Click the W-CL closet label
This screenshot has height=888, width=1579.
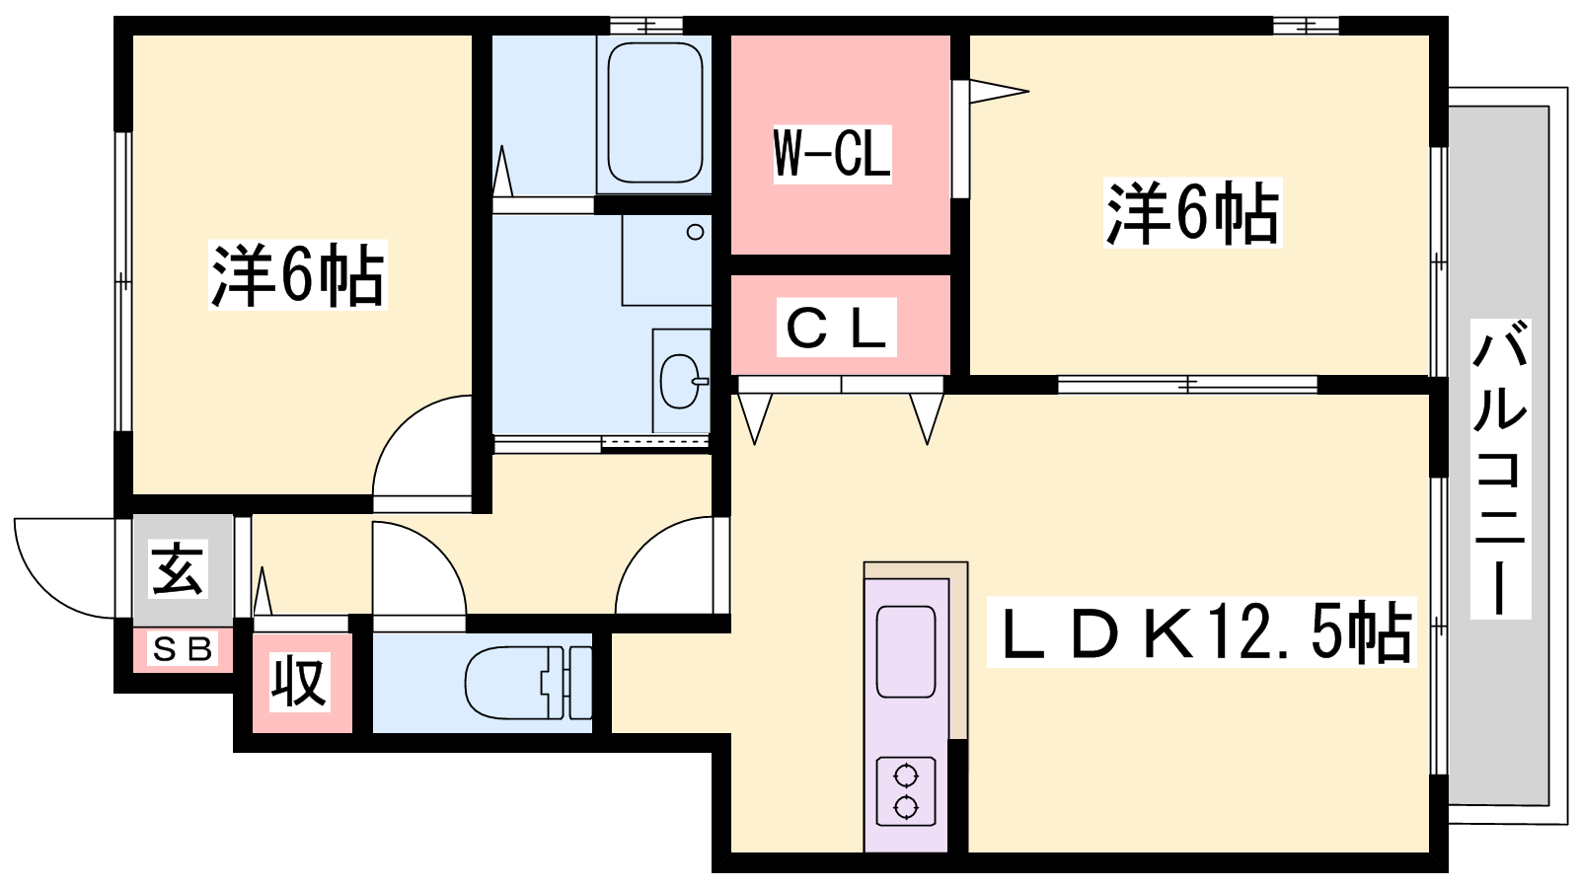[833, 154]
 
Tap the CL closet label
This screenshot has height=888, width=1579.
[836, 327]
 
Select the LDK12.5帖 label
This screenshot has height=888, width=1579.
[1201, 632]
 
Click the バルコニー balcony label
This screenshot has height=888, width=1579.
[1500, 469]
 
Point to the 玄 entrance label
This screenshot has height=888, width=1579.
[178, 569]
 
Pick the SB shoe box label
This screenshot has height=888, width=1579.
[183, 649]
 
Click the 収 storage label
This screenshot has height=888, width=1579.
[300, 682]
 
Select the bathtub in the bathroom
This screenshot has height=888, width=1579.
[655, 112]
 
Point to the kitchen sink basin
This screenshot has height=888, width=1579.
[906, 652]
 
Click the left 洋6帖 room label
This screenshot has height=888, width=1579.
[297, 275]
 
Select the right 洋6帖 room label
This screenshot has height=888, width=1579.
[1193, 213]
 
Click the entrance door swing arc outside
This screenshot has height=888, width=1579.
[42, 589]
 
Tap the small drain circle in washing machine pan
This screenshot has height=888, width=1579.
[695, 232]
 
